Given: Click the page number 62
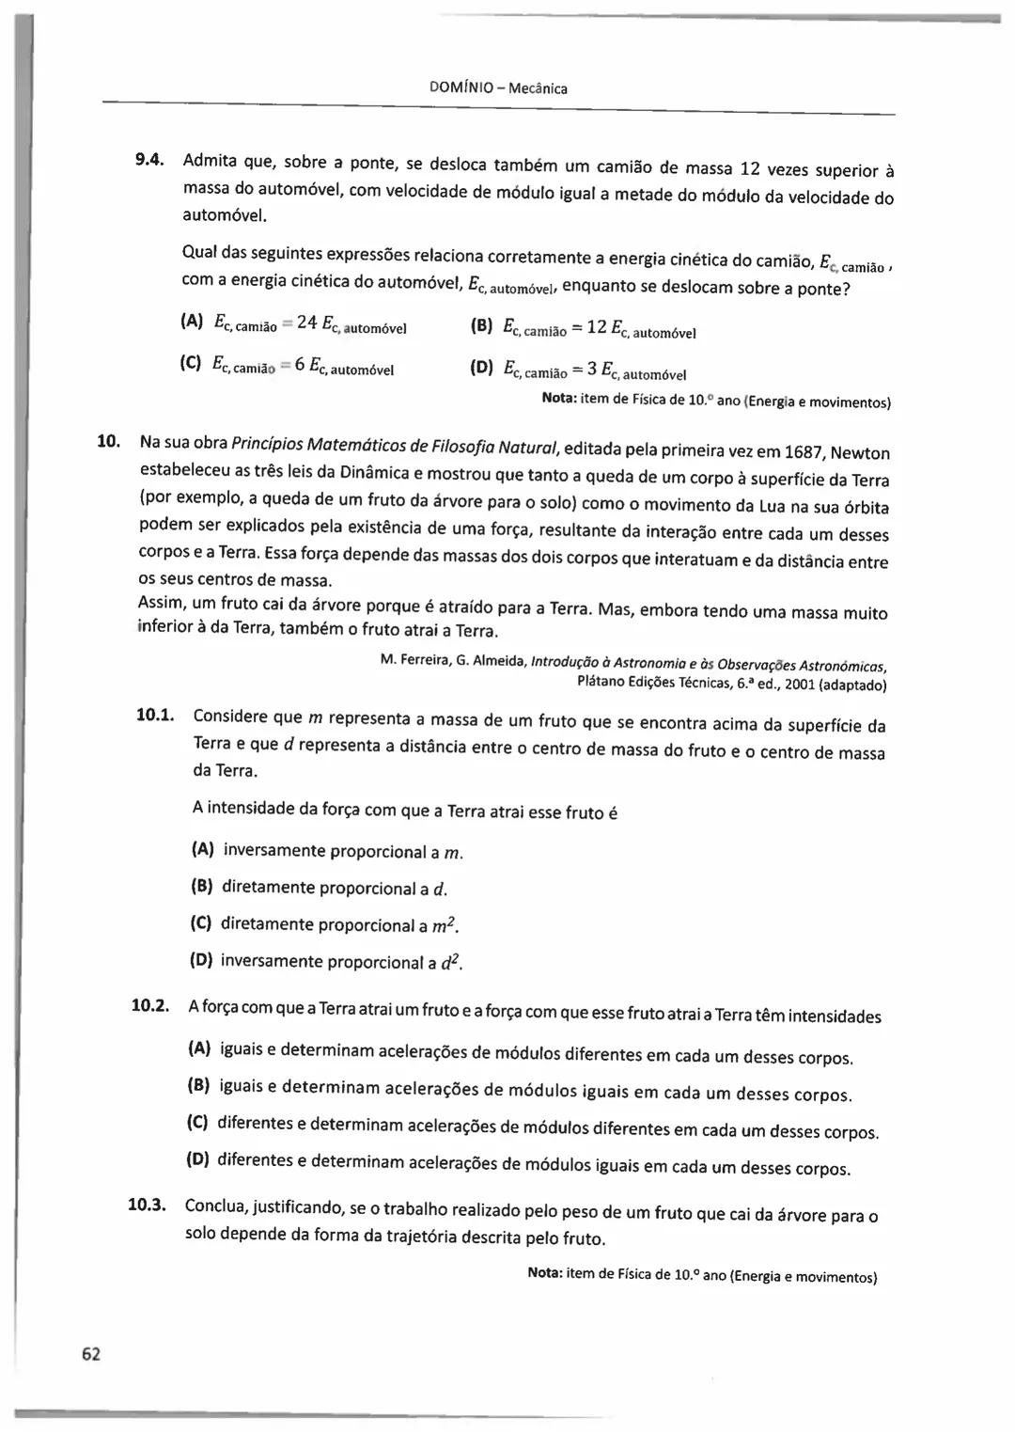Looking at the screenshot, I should [x=90, y=1354].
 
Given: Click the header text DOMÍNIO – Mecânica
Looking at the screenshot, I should [x=497, y=88].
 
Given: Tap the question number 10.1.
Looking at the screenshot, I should [x=155, y=716].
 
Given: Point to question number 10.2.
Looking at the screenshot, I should [x=149, y=1006].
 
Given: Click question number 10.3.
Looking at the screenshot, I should [x=147, y=1205].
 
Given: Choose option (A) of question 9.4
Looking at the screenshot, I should [x=191, y=322].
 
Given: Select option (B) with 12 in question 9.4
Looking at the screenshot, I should [x=481, y=327].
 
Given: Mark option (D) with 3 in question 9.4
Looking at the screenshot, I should [x=481, y=369].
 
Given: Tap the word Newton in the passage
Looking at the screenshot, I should [x=860, y=453].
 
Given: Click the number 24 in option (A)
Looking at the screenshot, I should [x=306, y=323].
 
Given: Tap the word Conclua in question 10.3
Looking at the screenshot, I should [x=216, y=1206].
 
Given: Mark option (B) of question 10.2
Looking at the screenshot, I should [x=198, y=1085].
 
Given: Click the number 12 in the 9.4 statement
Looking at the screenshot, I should [x=750, y=169].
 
